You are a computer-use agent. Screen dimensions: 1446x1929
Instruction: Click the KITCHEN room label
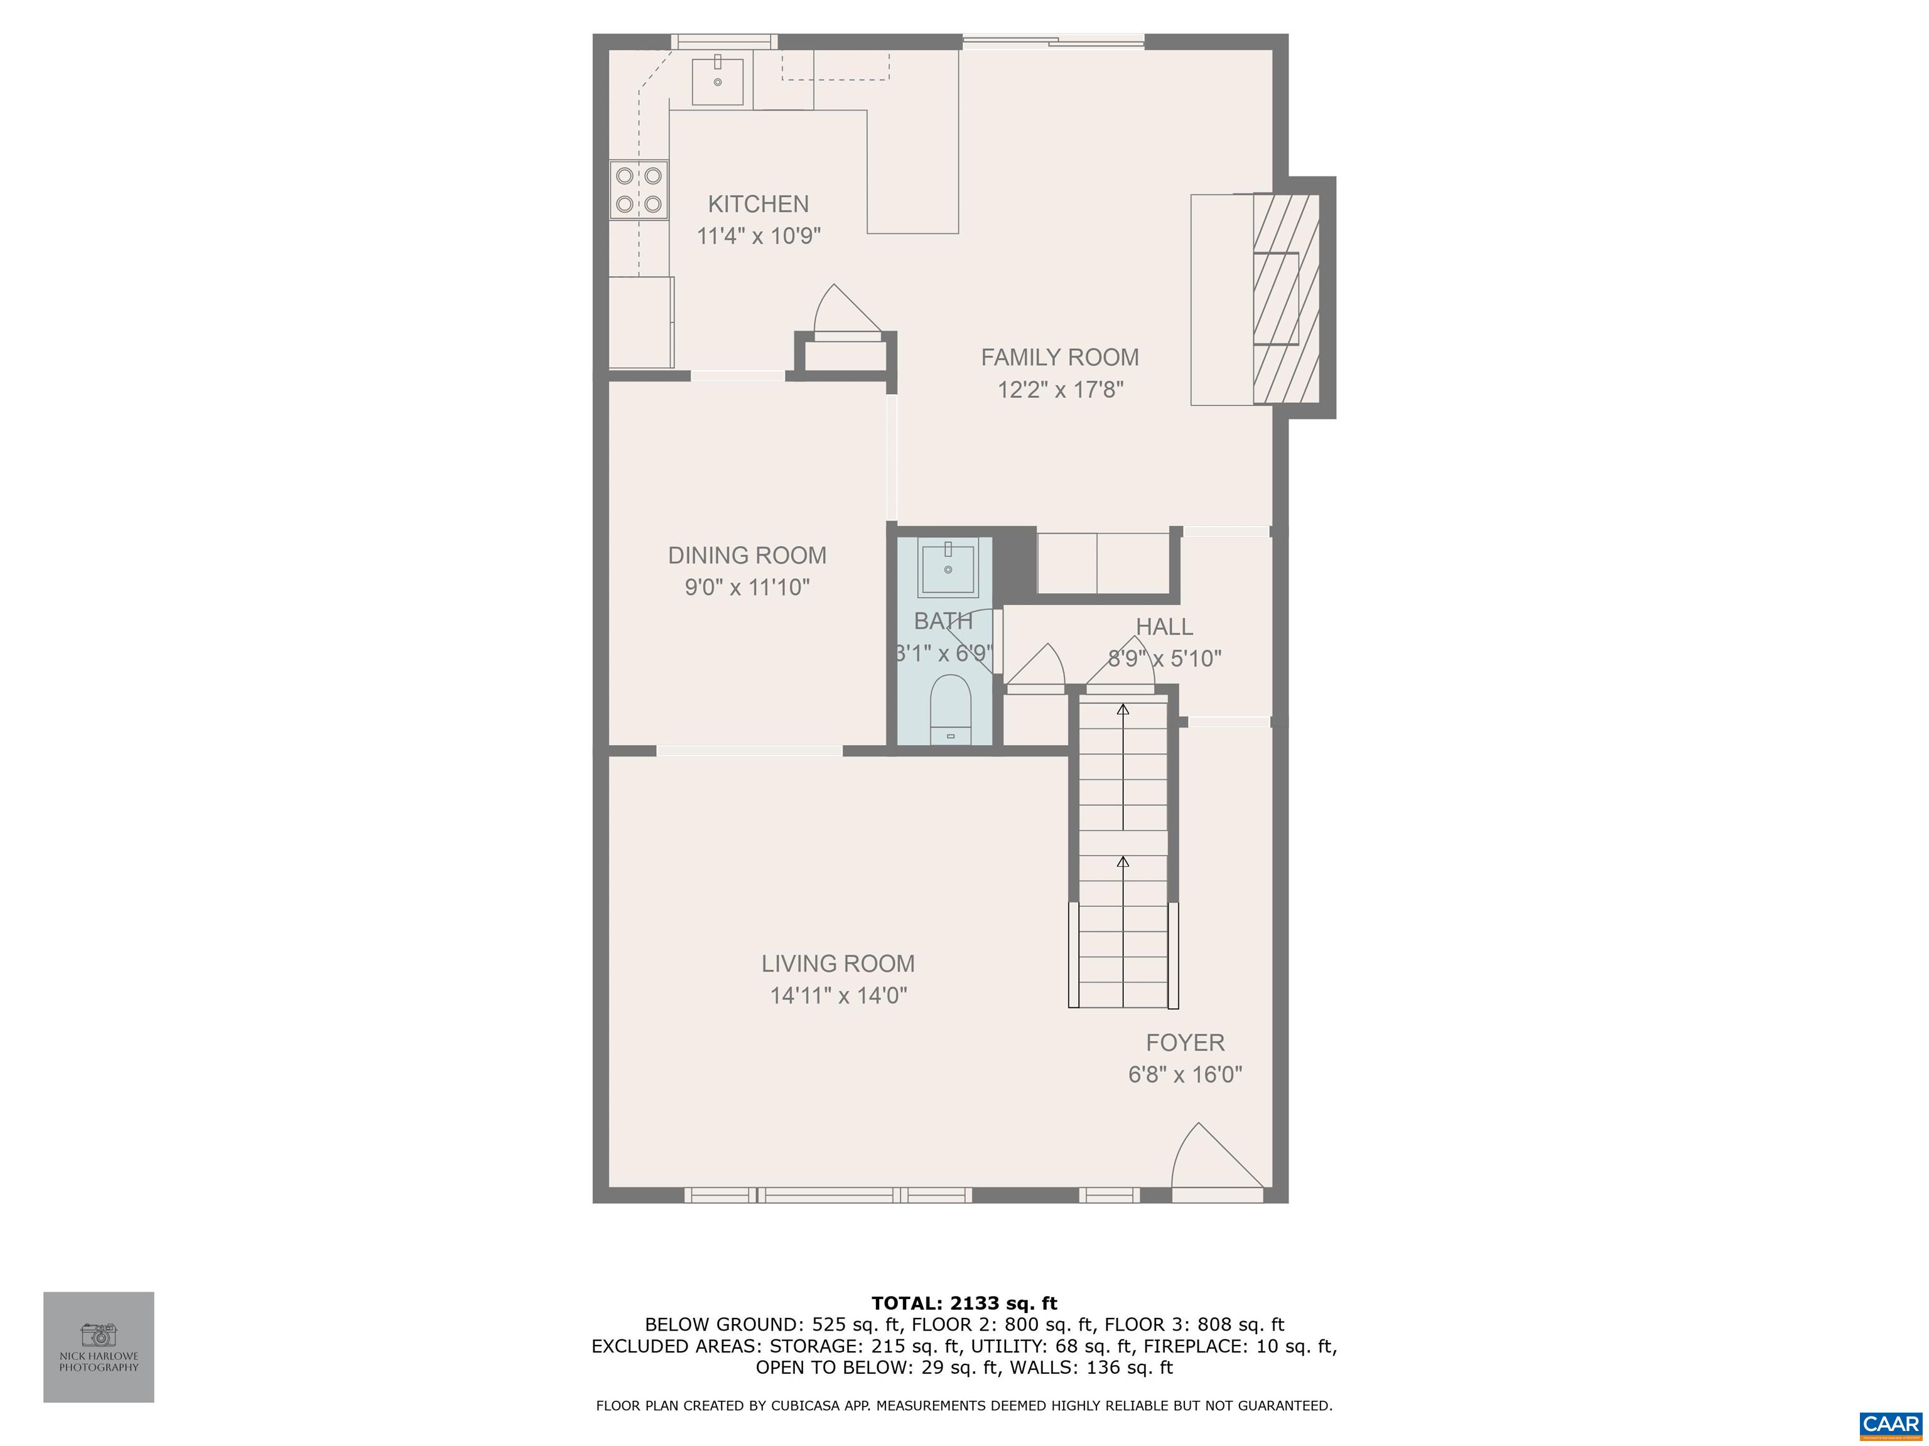point(758,204)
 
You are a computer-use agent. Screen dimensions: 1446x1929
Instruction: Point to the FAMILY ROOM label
point(1059,357)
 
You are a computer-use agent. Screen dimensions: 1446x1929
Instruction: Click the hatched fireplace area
point(1285,299)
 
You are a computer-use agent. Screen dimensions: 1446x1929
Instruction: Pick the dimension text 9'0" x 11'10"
point(747,587)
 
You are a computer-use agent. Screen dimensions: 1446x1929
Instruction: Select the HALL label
point(1164,627)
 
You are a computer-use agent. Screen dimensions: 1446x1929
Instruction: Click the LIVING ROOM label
point(838,964)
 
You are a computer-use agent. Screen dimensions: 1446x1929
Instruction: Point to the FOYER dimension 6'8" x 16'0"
point(1185,1074)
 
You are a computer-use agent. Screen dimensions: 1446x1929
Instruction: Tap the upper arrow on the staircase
point(1123,710)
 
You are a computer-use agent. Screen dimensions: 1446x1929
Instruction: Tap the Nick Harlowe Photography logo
point(99,1347)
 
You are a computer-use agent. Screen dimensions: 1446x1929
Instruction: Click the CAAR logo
point(1890,1424)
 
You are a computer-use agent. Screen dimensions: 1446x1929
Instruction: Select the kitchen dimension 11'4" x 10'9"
point(759,236)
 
